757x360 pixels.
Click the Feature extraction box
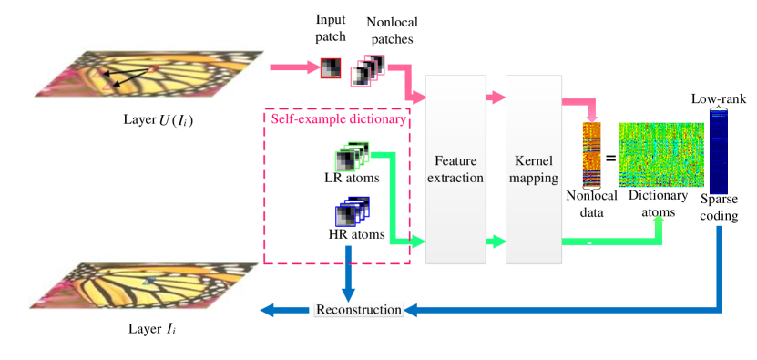(456, 170)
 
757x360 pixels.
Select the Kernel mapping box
(533, 170)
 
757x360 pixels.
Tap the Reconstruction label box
(358, 310)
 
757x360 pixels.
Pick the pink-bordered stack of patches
(368, 69)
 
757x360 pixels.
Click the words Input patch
(332, 28)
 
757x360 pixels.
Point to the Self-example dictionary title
(338, 119)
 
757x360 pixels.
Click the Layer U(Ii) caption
(158, 120)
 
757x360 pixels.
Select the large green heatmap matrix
(661, 155)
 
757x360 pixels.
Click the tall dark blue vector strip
(718, 151)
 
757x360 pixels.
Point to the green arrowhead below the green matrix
(659, 221)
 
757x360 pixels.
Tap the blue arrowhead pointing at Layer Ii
(268, 311)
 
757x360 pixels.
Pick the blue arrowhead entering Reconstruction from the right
(411, 311)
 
